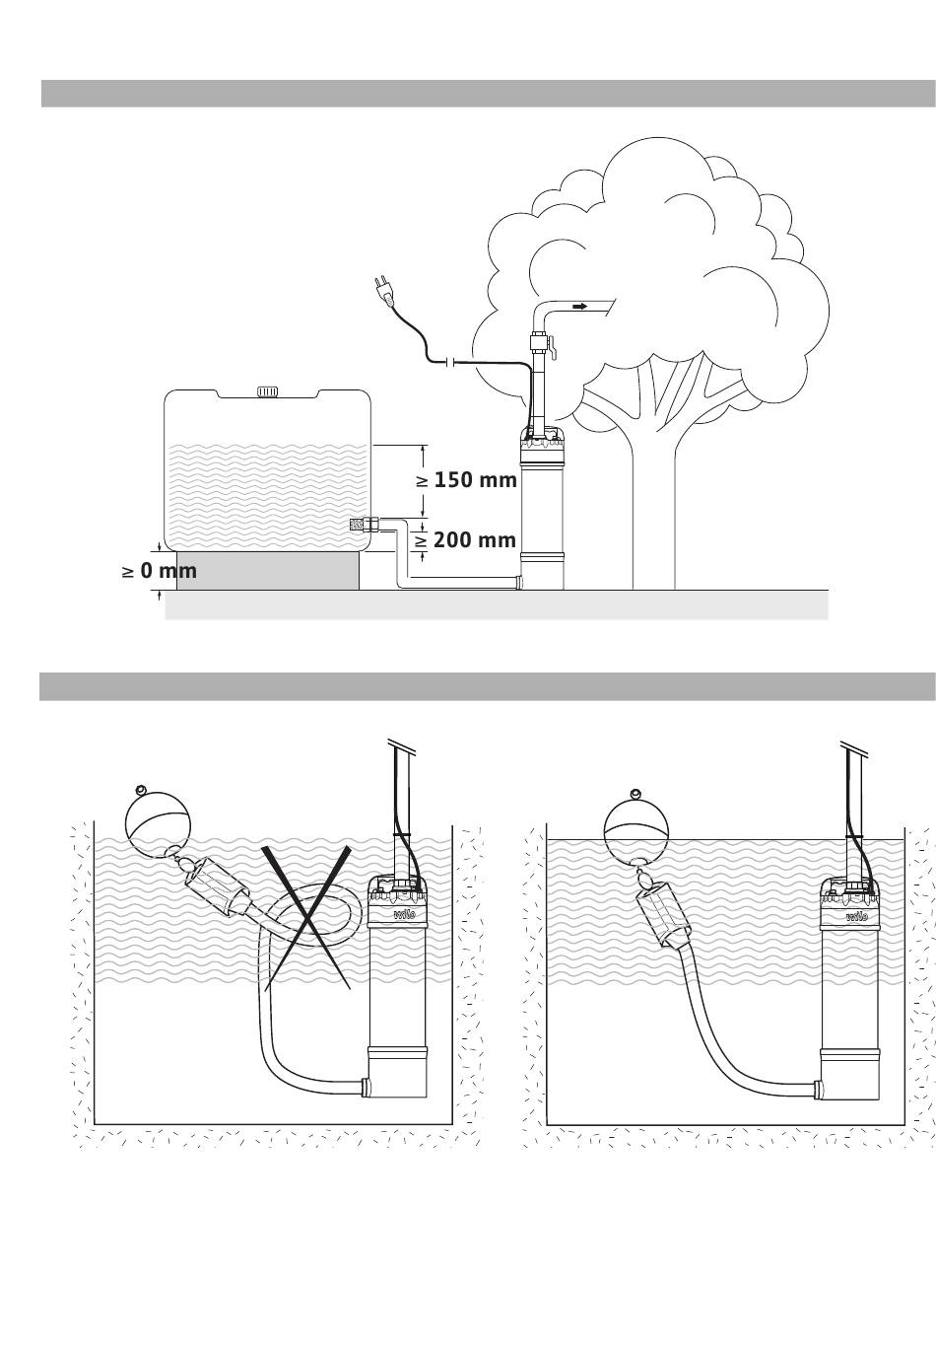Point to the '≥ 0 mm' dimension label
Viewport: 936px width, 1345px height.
[x=160, y=571]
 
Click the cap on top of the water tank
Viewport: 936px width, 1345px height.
[x=268, y=391]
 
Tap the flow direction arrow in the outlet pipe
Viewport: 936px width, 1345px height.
[x=580, y=307]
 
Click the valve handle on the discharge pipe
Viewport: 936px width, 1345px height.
[x=554, y=349]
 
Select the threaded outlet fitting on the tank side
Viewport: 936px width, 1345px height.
[x=360, y=524]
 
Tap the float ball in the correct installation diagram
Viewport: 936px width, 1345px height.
[x=633, y=825]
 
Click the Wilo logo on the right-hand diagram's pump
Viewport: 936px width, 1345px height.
[x=856, y=914]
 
